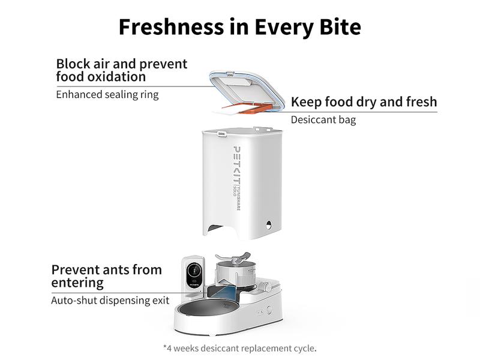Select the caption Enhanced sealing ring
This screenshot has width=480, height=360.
[107, 94]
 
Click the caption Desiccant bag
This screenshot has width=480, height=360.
[323, 119]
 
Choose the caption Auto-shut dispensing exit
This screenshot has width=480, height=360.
[110, 300]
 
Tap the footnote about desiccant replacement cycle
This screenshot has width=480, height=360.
[239, 347]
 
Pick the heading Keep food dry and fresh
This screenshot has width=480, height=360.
[364, 101]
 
